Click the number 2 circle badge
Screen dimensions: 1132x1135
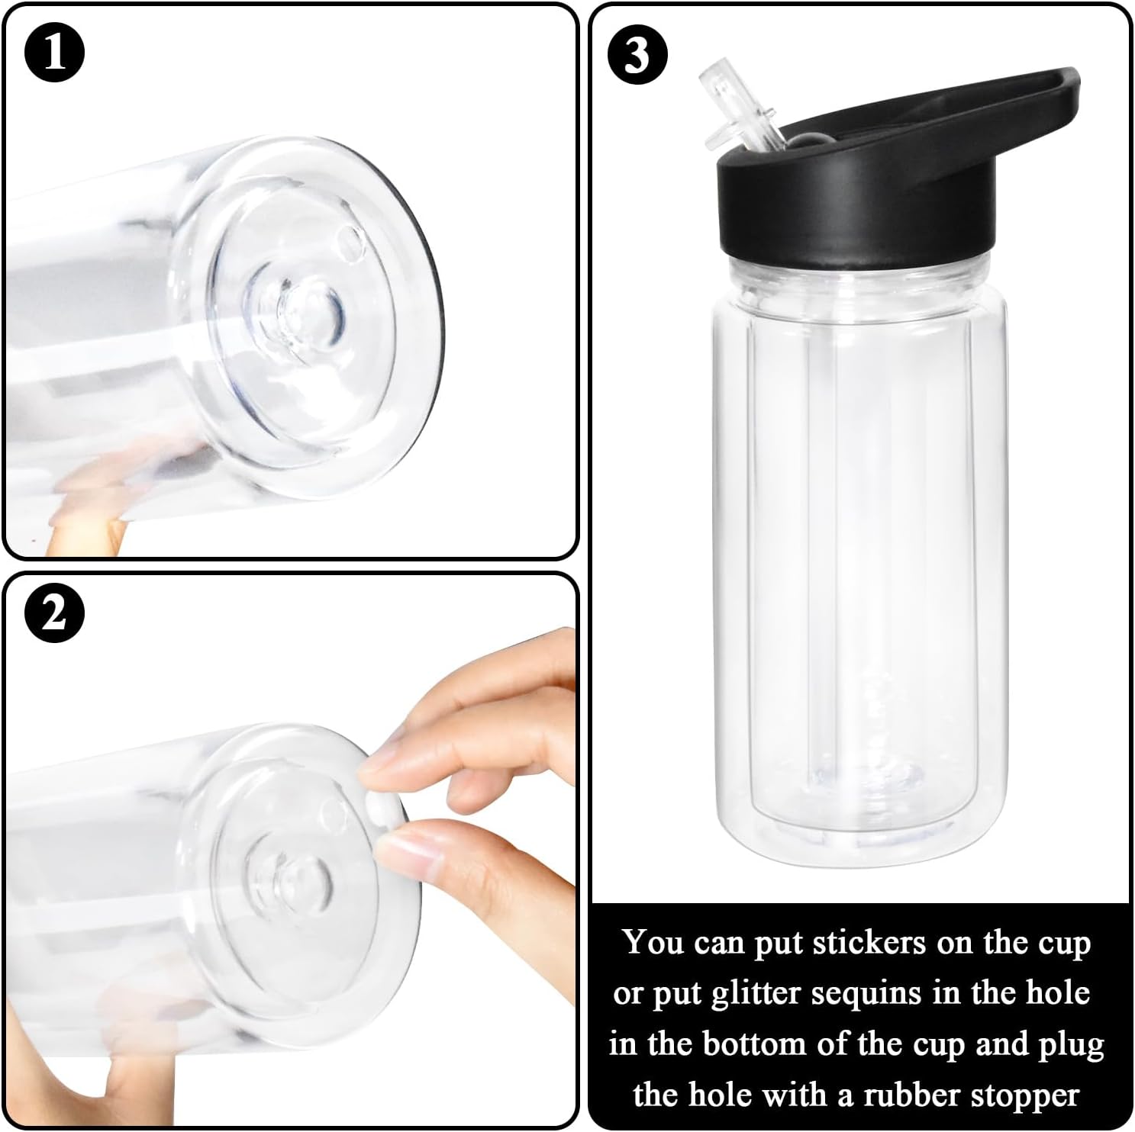pyautogui.click(x=54, y=613)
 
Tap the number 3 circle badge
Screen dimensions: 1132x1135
pyautogui.click(x=637, y=54)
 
